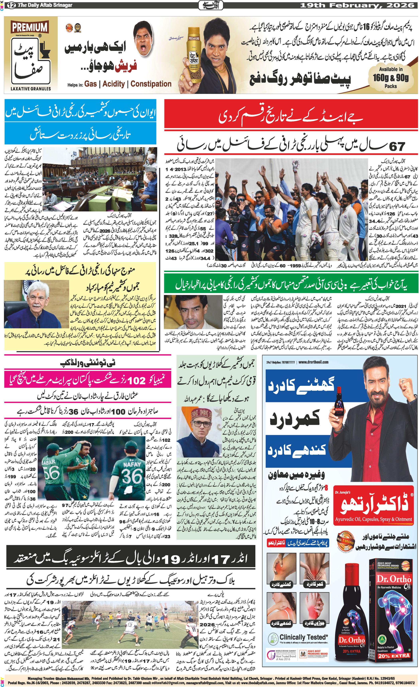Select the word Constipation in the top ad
pyautogui.click(x=151, y=84)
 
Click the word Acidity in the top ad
pyautogui.click(x=114, y=84)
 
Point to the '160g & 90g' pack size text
pyautogui.click(x=390, y=78)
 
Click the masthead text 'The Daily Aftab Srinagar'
pyautogui.click(x=45, y=5)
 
